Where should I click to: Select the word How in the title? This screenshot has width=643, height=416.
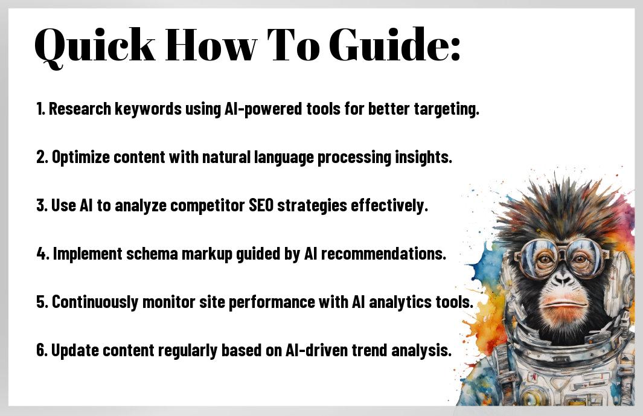point(211,45)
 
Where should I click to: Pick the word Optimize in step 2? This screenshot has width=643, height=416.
point(81,158)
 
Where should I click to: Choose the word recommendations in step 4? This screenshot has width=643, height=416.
point(383,254)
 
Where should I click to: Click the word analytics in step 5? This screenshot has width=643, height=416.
point(400,302)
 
